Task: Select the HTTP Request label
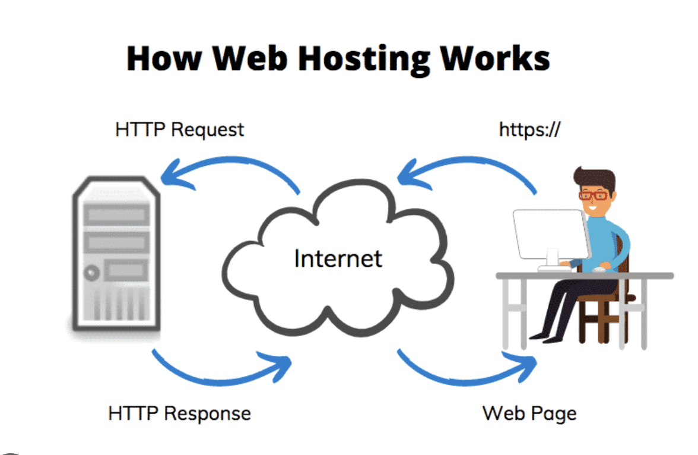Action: pyautogui.click(x=179, y=129)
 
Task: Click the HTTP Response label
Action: pyautogui.click(x=179, y=413)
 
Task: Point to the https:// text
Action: pyautogui.click(x=529, y=129)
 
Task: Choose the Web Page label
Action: pyautogui.click(x=529, y=413)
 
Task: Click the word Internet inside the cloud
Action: pyautogui.click(x=338, y=258)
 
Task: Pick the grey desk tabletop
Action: pyautogui.click(x=585, y=276)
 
